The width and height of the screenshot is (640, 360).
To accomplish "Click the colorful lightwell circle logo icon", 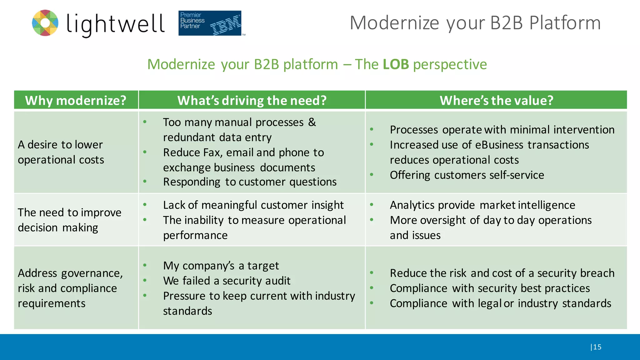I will (45, 23).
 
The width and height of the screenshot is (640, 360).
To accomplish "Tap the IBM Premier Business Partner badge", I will (210, 23).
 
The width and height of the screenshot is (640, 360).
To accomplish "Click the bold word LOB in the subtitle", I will (396, 64).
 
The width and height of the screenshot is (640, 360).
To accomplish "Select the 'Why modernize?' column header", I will (76, 100).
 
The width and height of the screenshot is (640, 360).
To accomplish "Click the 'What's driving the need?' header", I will (252, 100).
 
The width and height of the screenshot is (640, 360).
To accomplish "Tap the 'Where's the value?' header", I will (496, 100).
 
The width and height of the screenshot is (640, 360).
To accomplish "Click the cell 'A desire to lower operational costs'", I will (61, 152).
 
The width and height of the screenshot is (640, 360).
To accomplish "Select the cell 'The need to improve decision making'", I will (69, 220).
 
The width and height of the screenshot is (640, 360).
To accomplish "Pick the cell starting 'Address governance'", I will (70, 288).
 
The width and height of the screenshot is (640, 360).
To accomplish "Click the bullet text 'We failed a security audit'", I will (227, 281).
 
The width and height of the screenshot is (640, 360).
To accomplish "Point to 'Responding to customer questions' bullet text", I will (250, 182).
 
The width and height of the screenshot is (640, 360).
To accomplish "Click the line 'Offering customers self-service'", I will (467, 175).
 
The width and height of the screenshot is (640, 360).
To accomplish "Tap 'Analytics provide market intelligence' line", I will (482, 205).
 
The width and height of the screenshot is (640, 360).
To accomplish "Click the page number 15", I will (597, 347).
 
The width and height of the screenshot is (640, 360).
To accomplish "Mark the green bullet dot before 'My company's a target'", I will (145, 265).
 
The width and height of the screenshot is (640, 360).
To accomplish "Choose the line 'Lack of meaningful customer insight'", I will (253, 205).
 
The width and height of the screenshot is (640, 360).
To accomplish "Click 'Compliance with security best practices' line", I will (490, 288).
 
